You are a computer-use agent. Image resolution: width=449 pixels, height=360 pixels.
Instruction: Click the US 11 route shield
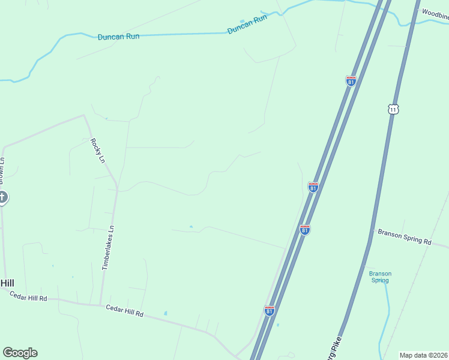[393, 109]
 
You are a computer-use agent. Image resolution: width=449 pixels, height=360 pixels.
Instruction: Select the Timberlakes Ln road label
[108, 248]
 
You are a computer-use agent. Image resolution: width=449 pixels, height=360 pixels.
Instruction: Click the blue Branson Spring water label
[380, 277]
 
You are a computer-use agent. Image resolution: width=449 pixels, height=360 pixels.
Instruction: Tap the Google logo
[20, 353]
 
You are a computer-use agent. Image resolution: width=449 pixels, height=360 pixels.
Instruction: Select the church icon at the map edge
[2, 197]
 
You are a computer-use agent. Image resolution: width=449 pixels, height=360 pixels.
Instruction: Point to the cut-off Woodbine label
[435, 13]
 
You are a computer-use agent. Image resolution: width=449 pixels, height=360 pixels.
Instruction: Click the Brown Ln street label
[2, 171]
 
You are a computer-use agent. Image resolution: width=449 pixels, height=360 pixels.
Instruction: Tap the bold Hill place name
[7, 283]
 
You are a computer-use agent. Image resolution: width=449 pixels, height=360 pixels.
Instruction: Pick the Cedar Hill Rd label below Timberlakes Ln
[125, 311]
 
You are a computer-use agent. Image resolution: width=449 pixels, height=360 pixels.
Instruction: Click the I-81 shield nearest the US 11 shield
[351, 81]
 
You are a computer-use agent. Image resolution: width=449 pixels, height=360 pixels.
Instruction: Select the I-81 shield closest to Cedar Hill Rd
[270, 311]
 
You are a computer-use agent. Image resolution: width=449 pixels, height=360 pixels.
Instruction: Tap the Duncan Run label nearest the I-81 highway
[247, 25]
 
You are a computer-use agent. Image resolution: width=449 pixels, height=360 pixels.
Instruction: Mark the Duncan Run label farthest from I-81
[118, 37]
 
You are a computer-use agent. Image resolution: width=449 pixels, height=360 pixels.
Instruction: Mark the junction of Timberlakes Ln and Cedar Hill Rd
[100, 305]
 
